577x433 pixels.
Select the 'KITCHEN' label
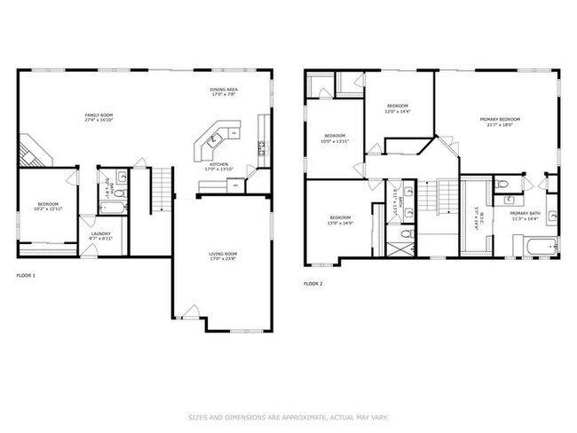(219, 164)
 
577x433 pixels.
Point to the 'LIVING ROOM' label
(223, 255)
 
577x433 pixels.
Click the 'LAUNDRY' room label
(99, 234)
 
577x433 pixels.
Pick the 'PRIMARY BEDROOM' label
(500, 120)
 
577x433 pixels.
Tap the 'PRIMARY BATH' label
(524, 213)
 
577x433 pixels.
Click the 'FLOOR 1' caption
(27, 276)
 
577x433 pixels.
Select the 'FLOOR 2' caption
(313, 284)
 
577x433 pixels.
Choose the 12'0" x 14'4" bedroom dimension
(397, 111)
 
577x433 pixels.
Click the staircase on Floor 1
(160, 189)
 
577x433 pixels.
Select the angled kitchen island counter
(216, 139)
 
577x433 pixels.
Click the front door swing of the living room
(187, 313)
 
